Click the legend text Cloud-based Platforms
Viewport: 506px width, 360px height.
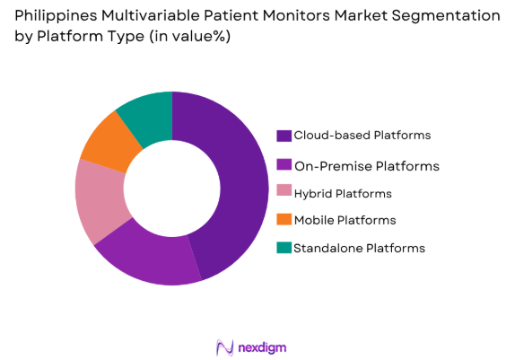pyautogui.click(x=362, y=136)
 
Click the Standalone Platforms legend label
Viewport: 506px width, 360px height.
pyautogui.click(x=359, y=247)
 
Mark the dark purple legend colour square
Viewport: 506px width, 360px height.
pyautogui.click(x=284, y=136)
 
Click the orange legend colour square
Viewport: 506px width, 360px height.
pyautogui.click(x=284, y=220)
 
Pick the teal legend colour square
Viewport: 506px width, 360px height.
pyautogui.click(x=284, y=248)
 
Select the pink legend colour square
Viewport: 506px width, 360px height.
pyautogui.click(x=284, y=193)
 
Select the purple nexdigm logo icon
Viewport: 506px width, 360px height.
pyautogui.click(x=224, y=347)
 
